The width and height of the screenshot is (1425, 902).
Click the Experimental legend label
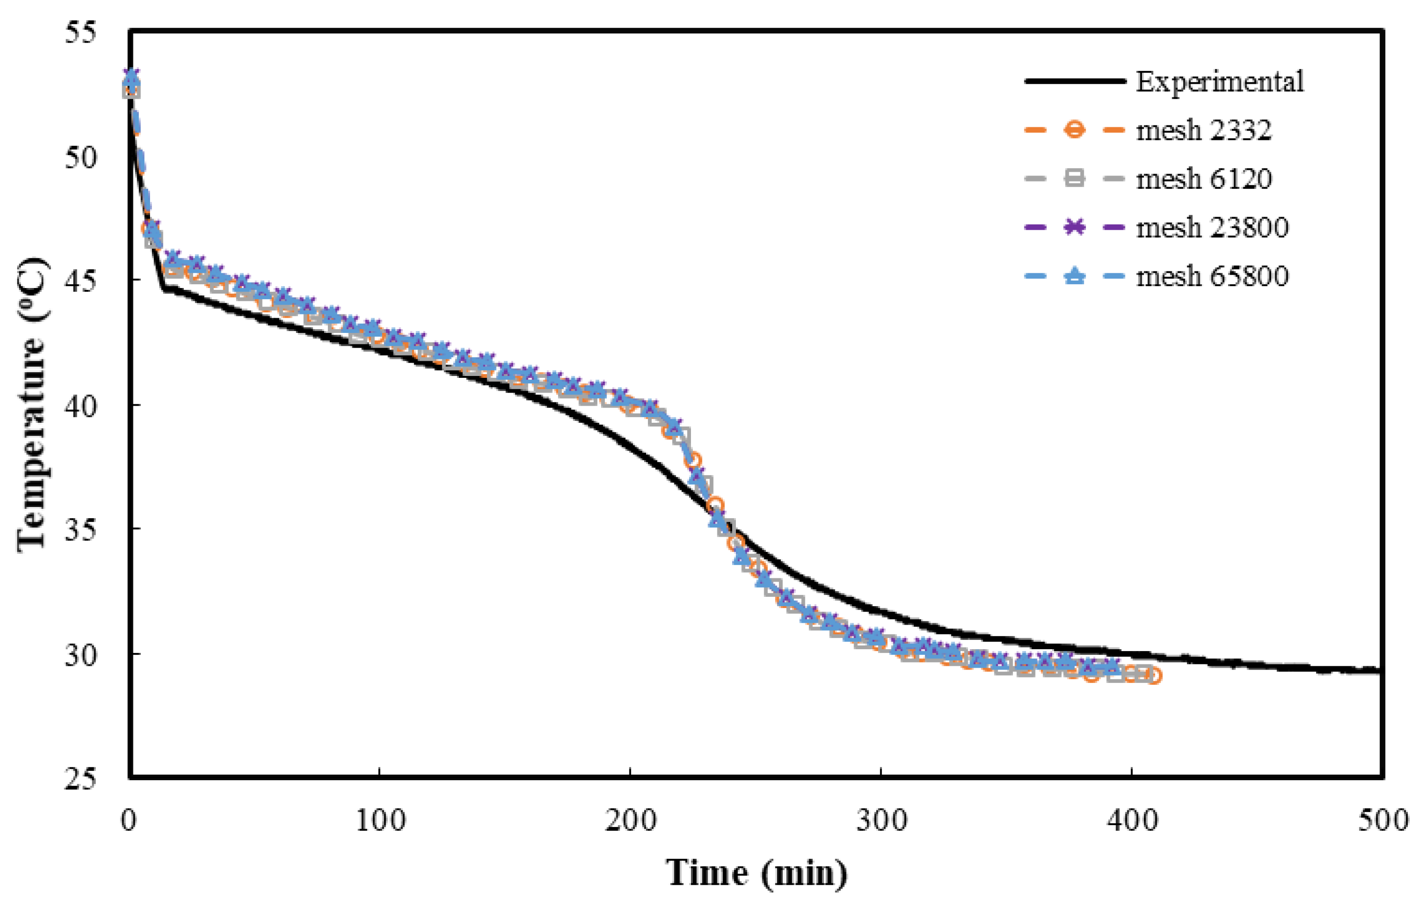coord(1219,81)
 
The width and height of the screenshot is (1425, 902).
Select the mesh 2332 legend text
coord(1203,130)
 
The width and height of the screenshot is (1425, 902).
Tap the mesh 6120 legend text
coord(1203,179)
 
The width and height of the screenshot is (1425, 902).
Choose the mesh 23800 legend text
coord(1212,227)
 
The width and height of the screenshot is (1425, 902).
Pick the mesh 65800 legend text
coord(1212,276)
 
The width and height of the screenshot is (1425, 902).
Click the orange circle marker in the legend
coord(1074,130)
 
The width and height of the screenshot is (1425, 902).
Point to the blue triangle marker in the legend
coord(1074,276)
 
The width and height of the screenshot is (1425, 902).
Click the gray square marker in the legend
coord(1074,179)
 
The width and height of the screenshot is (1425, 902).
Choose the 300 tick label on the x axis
coord(881,821)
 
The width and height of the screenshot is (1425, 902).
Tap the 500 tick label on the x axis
coord(1382,821)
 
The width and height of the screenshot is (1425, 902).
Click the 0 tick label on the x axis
coord(130,821)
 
